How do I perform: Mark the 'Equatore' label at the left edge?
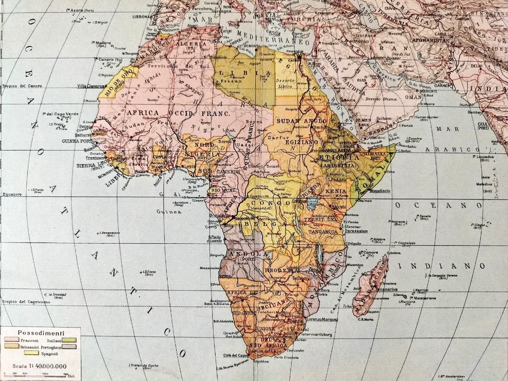11,194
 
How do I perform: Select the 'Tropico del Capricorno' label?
25,302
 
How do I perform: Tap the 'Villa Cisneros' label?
89,86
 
